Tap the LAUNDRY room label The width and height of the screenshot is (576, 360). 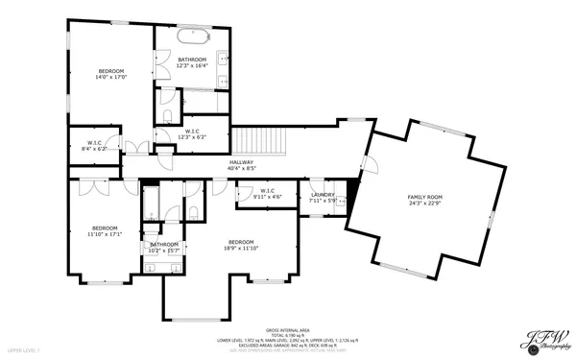323,195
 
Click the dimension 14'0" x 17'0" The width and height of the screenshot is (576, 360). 111,77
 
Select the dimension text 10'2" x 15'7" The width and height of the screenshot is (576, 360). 164,251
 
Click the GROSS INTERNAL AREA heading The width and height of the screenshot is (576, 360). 287,325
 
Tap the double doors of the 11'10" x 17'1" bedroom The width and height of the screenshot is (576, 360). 95,188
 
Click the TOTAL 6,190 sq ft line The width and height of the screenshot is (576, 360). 287,331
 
